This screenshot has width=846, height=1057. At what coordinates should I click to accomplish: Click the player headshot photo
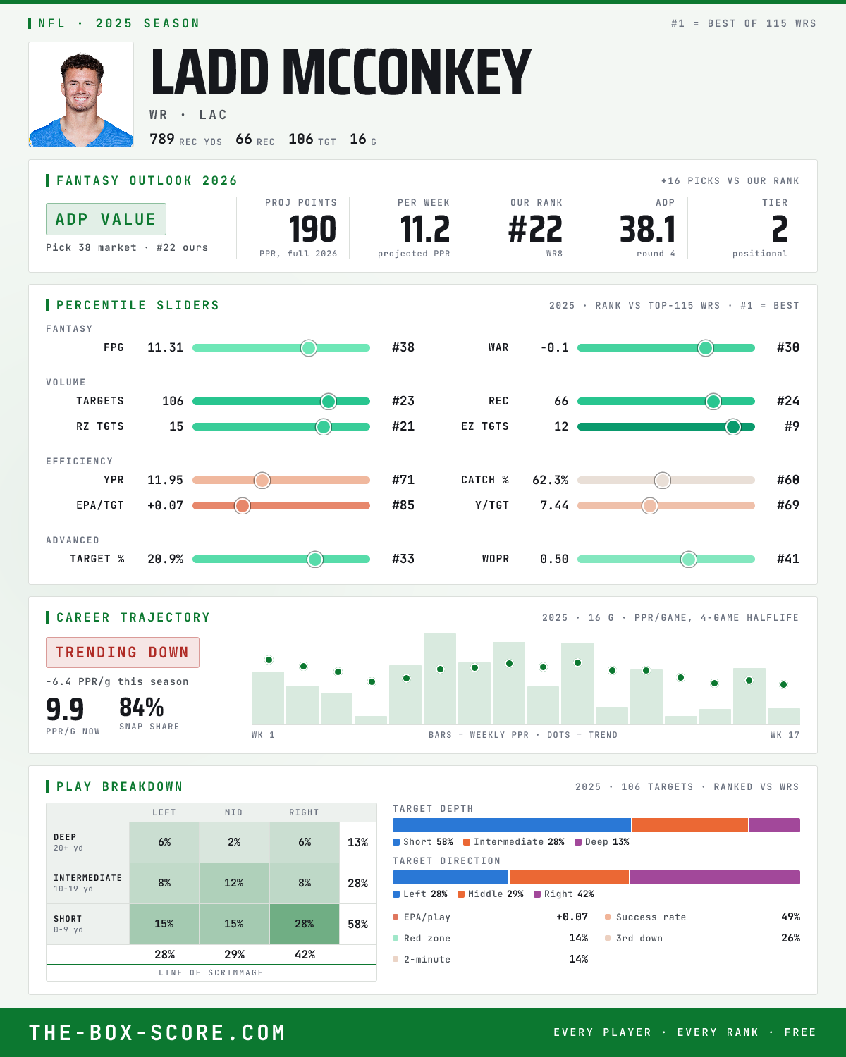click(x=81, y=94)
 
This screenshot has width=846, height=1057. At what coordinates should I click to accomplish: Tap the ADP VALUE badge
click(x=106, y=219)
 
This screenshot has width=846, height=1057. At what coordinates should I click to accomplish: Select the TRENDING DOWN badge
click(x=123, y=653)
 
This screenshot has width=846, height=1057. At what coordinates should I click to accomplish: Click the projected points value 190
click(x=312, y=230)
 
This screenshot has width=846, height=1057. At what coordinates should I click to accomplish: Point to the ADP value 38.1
click(x=647, y=230)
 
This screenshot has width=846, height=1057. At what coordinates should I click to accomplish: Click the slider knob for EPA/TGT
click(x=242, y=505)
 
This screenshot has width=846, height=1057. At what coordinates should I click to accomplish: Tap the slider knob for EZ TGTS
click(x=733, y=426)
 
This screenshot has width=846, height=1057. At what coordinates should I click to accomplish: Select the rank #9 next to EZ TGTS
click(x=792, y=426)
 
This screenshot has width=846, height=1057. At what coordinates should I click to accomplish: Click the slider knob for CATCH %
click(x=663, y=480)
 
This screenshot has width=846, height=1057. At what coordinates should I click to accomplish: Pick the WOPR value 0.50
click(x=554, y=559)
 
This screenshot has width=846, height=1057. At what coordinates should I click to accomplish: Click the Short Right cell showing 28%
click(x=305, y=924)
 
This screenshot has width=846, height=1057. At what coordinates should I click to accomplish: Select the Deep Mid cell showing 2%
click(x=234, y=842)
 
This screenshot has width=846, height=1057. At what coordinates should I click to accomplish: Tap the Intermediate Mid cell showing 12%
click(x=234, y=883)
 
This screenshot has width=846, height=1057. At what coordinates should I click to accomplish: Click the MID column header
click(x=233, y=812)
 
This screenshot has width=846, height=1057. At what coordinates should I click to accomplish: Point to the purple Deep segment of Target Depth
click(x=775, y=825)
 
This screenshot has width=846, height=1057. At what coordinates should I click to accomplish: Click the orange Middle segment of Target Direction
click(x=569, y=877)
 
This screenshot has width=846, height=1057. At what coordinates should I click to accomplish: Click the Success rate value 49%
click(x=790, y=917)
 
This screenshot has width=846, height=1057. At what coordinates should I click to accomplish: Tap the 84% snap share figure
click(x=142, y=707)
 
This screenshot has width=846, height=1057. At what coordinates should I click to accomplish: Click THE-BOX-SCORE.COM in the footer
click(x=157, y=1032)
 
